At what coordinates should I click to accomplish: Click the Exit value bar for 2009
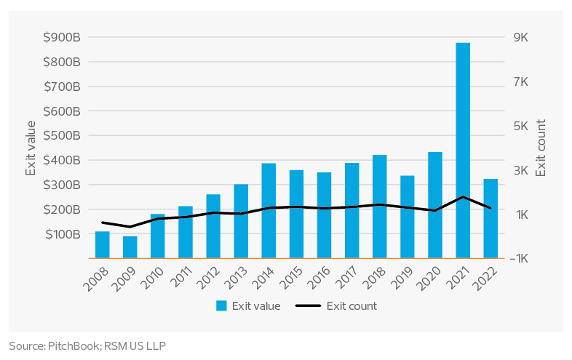click(x=130, y=247)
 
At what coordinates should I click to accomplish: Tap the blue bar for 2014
click(x=269, y=210)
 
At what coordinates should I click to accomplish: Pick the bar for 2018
click(x=380, y=207)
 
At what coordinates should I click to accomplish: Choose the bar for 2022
click(x=490, y=218)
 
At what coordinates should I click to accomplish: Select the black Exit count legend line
click(x=308, y=306)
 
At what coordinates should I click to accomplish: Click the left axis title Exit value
click(x=31, y=148)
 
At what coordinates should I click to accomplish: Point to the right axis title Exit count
click(x=541, y=148)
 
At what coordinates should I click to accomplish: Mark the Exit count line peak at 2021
click(x=463, y=197)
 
